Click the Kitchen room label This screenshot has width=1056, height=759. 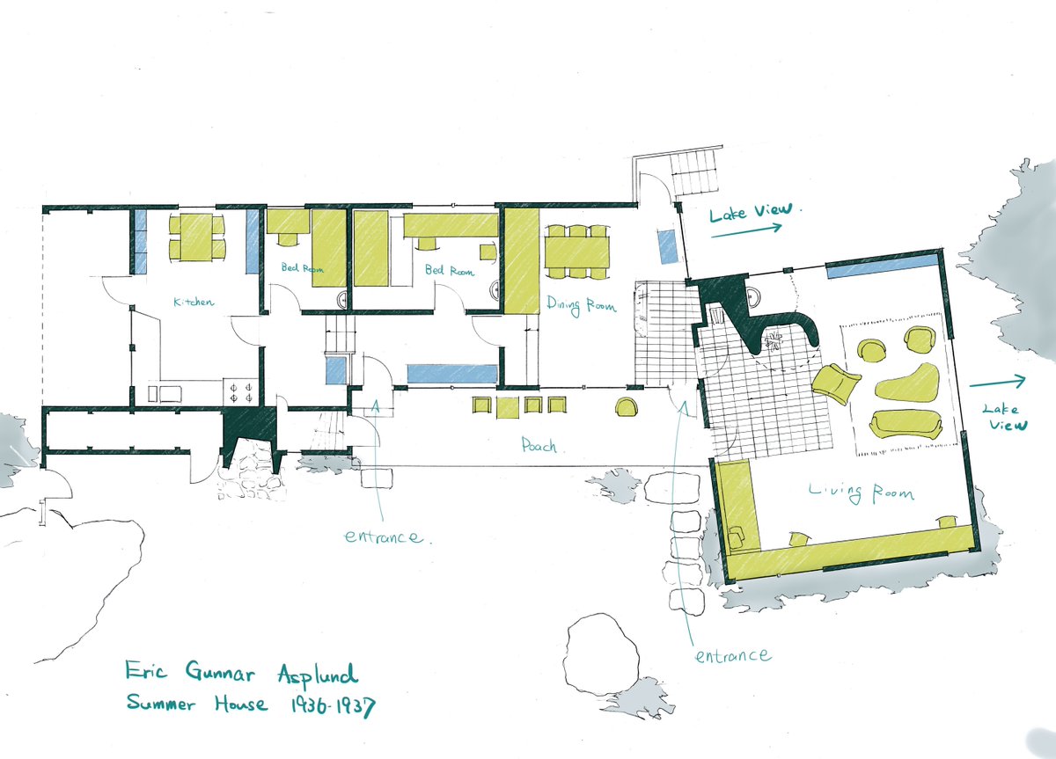tap(194, 302)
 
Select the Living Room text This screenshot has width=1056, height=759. tap(862, 493)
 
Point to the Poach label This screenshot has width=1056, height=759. tap(539, 445)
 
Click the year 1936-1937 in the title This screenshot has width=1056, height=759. tap(333, 706)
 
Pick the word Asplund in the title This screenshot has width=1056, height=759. tap(318, 675)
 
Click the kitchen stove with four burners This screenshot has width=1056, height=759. tap(240, 392)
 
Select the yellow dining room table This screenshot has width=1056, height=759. tap(577, 252)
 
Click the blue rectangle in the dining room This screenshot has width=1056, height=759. tap(668, 246)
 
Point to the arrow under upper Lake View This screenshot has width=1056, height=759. tap(746, 230)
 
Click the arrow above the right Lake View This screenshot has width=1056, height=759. tap(998, 382)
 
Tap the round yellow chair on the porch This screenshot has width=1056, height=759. tap(627, 407)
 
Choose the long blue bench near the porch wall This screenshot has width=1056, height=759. tap(452, 374)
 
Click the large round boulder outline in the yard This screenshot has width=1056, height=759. tap(601, 654)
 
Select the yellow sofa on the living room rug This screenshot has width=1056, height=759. tap(906, 425)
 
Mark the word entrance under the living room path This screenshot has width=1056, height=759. tap(734, 656)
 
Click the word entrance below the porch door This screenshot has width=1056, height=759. tap(383, 536)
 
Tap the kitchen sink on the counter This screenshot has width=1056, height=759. tap(165, 394)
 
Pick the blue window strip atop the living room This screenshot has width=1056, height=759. tap(881, 266)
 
